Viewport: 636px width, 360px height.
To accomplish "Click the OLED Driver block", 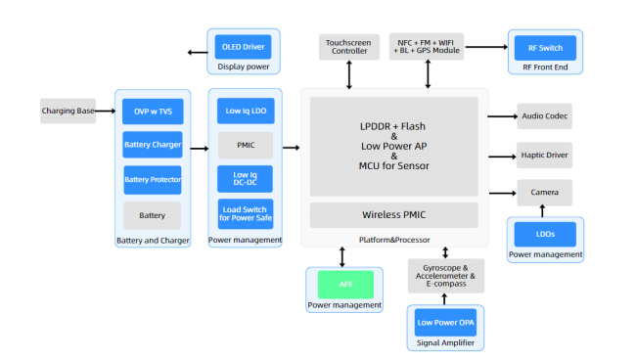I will pyautogui.click(x=242, y=47).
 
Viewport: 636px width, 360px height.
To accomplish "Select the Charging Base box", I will pyautogui.click(x=68, y=112).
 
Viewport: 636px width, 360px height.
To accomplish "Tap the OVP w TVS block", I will pyautogui.click(x=152, y=112).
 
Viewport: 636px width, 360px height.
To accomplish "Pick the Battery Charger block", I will pyautogui.click(x=152, y=146).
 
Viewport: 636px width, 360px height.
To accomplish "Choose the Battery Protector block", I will pyautogui.click(x=152, y=180).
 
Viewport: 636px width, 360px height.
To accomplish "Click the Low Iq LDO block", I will pyautogui.click(x=245, y=112).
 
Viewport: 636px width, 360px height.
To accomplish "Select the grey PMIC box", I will pyautogui.click(x=245, y=146).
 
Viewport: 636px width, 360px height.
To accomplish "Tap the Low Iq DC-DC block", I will pyautogui.click(x=245, y=179).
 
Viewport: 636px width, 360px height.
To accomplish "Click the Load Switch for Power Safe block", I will pyautogui.click(x=245, y=213).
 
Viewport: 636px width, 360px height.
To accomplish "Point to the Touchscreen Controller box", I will pyautogui.click(x=349, y=46).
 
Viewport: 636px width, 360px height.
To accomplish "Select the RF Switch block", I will pyautogui.click(x=545, y=47).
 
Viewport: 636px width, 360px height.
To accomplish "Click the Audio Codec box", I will pyautogui.click(x=544, y=116).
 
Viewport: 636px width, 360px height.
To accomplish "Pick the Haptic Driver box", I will pyautogui.click(x=544, y=155).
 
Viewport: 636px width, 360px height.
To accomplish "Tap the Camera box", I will pyautogui.click(x=544, y=192).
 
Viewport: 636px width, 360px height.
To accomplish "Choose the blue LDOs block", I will pyautogui.click(x=545, y=235).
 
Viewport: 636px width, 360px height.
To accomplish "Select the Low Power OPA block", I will pyautogui.click(x=445, y=323).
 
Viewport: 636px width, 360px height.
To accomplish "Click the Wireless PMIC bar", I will pyautogui.click(x=393, y=215).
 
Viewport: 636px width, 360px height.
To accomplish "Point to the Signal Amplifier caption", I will pyautogui.click(x=445, y=344).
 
